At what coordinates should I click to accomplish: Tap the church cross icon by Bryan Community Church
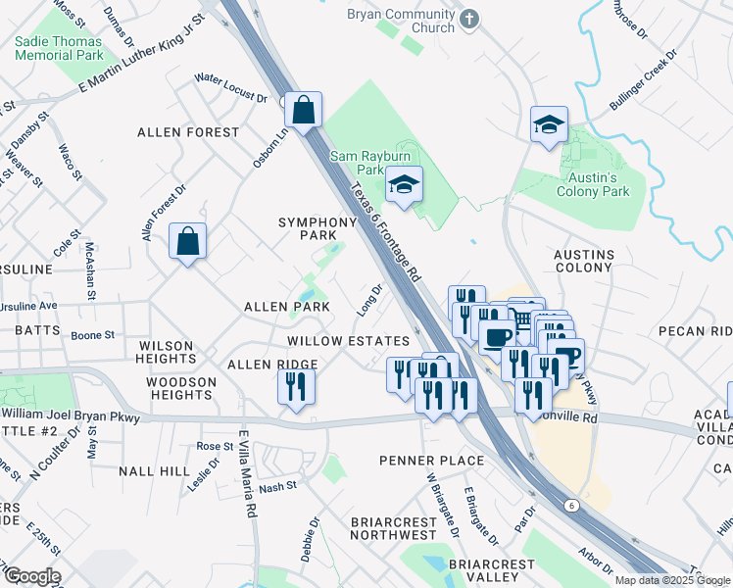coord(469,19)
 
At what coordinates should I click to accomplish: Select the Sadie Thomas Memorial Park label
coord(58,49)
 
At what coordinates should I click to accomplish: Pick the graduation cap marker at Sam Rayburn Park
coord(403,185)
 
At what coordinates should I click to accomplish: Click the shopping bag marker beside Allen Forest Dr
coord(187,241)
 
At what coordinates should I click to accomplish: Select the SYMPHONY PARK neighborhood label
coord(318,228)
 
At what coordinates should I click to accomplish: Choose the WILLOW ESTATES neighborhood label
coord(347,341)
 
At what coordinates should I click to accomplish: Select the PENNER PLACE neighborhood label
coord(434,461)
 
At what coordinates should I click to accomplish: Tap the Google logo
coord(31,576)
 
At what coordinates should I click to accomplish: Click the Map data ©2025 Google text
coord(672,580)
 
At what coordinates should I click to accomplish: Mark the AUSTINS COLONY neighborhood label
coord(583,260)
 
